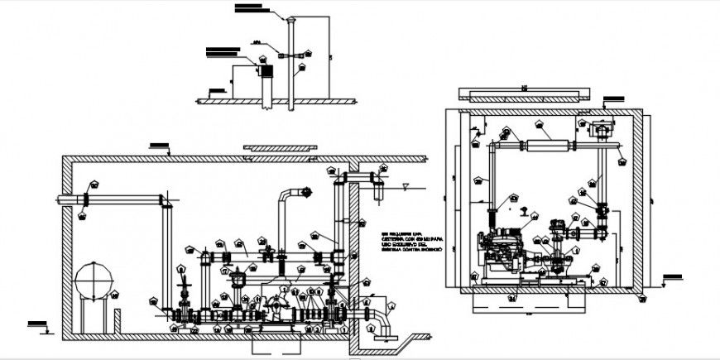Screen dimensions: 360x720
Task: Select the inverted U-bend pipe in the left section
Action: point(287,199)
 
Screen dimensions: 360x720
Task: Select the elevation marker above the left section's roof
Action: point(156,146)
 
